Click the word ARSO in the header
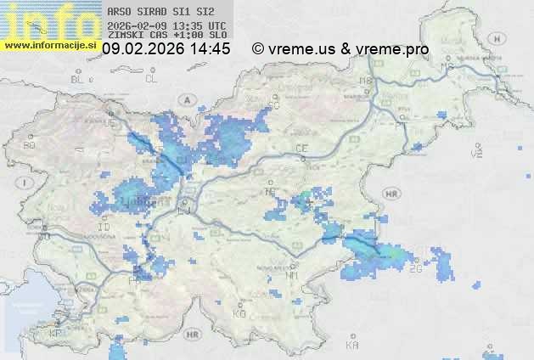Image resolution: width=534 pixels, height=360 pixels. click(118, 13)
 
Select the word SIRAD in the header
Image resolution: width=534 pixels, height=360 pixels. click(149, 13)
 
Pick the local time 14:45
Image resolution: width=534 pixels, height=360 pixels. click(211, 49)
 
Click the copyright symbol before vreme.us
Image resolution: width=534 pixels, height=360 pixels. click(258, 49)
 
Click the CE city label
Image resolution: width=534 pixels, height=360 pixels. click(301, 148)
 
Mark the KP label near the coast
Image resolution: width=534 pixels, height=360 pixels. click(56, 333)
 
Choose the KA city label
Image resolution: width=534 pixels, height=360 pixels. click(352, 345)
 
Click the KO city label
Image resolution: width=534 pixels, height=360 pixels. click(239, 313)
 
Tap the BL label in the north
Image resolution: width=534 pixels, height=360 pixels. click(79, 79)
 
